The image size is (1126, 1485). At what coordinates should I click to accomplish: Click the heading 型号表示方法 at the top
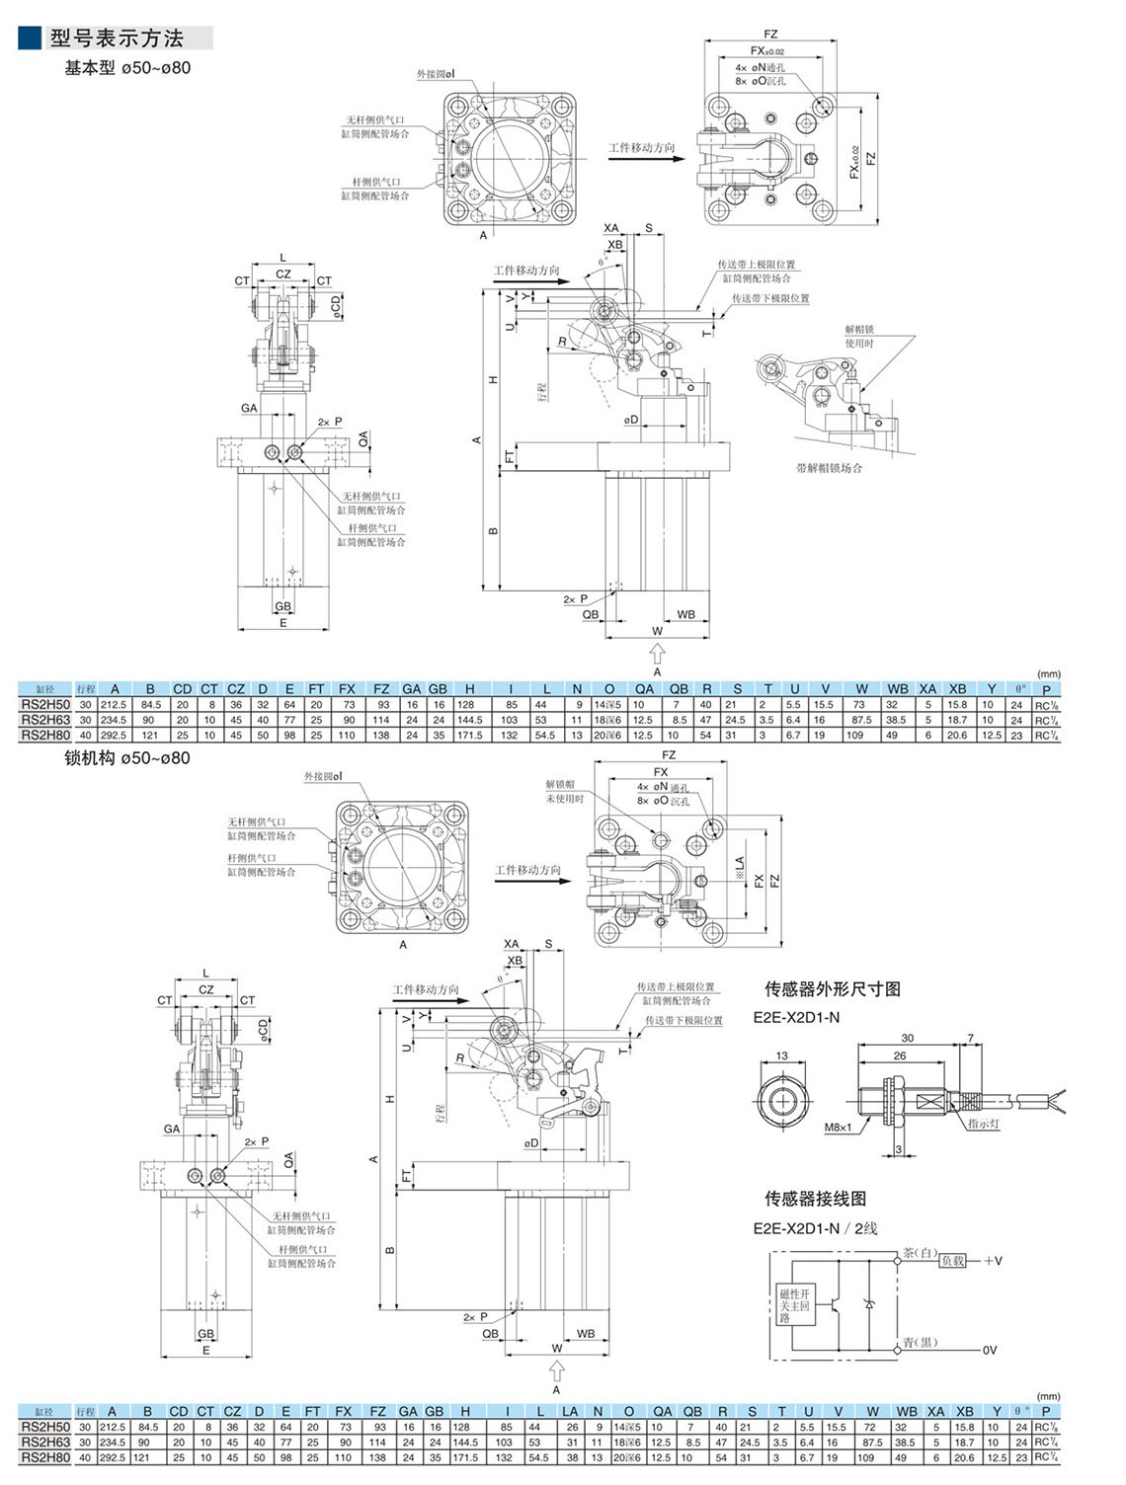(117, 39)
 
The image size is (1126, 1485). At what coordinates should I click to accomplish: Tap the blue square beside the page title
(30, 38)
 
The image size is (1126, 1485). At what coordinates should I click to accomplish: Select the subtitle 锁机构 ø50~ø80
(126, 758)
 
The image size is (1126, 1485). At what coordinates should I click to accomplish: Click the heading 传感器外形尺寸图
(832, 989)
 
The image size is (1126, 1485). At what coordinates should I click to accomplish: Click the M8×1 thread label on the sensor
(838, 1127)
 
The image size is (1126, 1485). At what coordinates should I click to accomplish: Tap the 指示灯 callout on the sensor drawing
(983, 1124)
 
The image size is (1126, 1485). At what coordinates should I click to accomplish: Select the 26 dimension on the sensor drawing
(900, 1055)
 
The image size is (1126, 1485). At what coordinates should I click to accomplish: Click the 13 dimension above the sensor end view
(781, 1055)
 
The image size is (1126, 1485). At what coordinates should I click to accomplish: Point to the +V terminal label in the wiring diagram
(993, 1261)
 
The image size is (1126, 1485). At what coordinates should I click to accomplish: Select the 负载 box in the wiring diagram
(952, 1261)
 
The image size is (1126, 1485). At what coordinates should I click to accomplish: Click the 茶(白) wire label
(919, 1253)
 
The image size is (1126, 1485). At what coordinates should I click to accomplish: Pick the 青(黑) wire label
(920, 1343)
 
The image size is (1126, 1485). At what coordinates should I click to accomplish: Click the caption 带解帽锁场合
(829, 468)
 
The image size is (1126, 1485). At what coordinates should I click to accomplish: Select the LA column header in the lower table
(570, 1412)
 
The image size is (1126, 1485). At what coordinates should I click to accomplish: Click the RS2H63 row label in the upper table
(45, 720)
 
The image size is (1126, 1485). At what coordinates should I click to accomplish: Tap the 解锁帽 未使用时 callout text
(564, 791)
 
